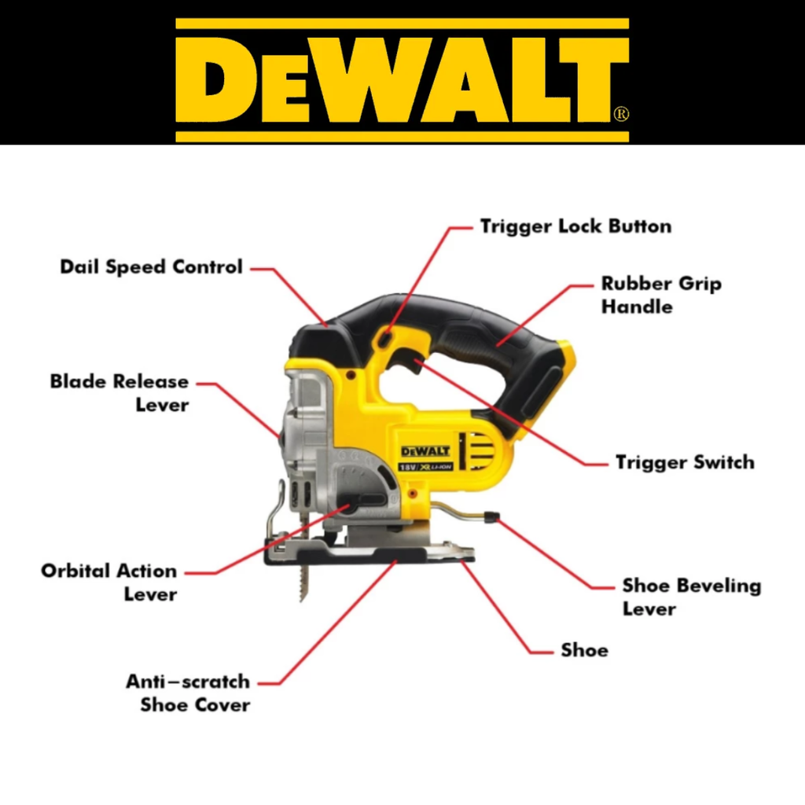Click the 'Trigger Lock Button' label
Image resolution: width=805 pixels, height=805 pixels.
(x=575, y=226)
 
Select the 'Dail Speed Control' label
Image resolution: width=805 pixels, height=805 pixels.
(x=151, y=267)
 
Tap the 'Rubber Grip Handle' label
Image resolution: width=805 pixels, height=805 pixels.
(x=661, y=296)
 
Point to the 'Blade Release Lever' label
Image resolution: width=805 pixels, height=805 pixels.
(x=119, y=393)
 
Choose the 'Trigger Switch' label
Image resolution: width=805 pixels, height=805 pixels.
(x=685, y=462)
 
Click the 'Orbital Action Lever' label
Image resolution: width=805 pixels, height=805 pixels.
(x=108, y=583)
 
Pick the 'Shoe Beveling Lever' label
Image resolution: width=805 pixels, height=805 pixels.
(x=692, y=597)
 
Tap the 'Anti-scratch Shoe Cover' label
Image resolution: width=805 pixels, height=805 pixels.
(x=188, y=693)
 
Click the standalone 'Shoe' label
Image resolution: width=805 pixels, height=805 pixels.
(x=584, y=650)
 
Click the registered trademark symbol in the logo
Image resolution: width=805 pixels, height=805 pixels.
(x=621, y=113)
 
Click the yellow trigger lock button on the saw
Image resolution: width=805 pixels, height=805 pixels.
(x=385, y=339)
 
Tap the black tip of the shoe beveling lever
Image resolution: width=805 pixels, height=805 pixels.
(x=491, y=516)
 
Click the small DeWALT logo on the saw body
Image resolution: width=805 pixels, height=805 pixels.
(x=425, y=451)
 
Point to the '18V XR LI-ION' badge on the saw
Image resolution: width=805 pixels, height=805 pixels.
(x=425, y=467)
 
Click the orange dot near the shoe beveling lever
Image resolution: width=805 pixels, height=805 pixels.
(x=412, y=494)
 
